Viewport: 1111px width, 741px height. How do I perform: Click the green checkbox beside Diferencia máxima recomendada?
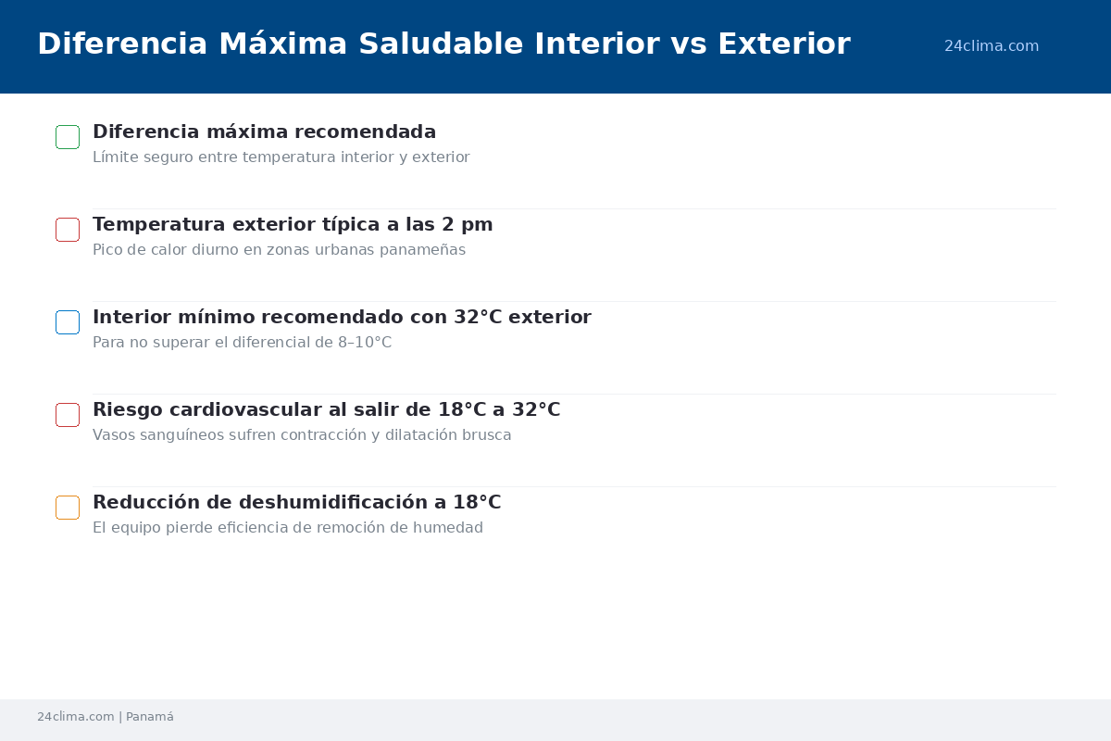tap(68, 126)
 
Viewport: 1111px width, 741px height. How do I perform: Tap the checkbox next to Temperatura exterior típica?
tap(68, 219)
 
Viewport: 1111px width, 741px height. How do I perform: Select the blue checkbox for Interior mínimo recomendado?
tap(68, 311)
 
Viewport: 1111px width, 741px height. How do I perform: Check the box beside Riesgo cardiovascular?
tap(68, 404)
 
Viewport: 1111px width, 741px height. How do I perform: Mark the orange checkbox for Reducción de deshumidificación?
tap(68, 496)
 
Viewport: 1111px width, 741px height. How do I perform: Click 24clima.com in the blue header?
tap(991, 45)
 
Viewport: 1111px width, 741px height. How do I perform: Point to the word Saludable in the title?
tap(441, 44)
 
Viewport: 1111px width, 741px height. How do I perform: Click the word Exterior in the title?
tap(784, 44)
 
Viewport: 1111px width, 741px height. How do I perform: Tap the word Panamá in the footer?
tap(150, 717)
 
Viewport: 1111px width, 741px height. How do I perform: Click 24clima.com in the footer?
tap(75, 717)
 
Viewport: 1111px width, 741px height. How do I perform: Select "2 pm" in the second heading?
tap(467, 225)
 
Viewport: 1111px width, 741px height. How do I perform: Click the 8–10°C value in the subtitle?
tap(365, 342)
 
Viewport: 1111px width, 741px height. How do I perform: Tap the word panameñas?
tap(422, 250)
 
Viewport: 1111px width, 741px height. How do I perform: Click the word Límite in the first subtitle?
tap(116, 157)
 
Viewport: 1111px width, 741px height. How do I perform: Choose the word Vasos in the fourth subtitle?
tap(114, 434)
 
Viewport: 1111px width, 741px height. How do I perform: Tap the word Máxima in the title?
tap(282, 44)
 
